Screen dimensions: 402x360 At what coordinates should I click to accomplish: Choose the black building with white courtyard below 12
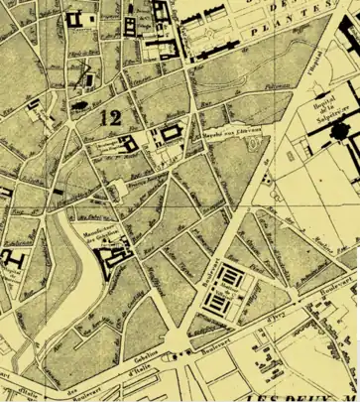click(x=129, y=148)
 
